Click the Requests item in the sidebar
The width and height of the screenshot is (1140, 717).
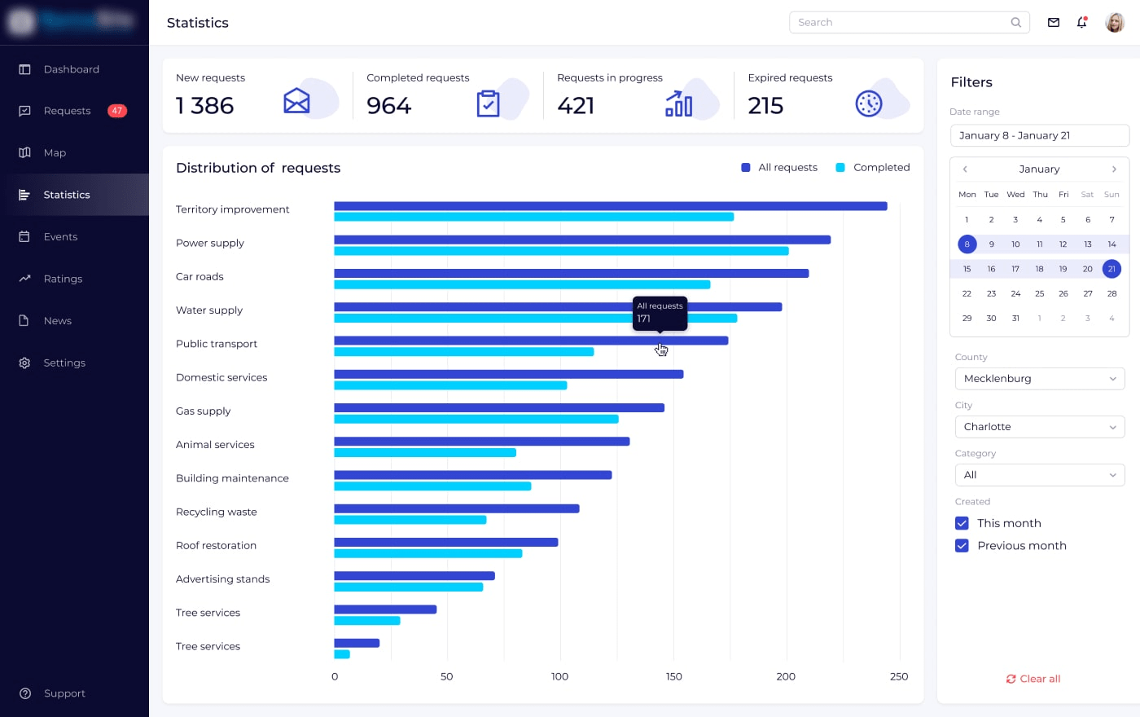(67, 111)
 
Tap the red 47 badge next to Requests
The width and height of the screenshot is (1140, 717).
(117, 111)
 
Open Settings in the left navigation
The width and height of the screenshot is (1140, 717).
(64, 363)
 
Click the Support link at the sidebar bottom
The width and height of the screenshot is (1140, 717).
(64, 693)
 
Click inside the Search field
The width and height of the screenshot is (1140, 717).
(900, 23)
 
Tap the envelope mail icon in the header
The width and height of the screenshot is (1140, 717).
(1053, 23)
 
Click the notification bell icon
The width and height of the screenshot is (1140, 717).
(1081, 23)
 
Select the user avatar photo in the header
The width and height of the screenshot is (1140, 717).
(1114, 23)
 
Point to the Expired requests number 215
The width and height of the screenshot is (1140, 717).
(765, 106)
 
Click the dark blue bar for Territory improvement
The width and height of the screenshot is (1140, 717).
(610, 206)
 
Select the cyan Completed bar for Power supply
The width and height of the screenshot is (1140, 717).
(561, 251)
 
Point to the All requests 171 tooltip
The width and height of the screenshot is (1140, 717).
(660, 313)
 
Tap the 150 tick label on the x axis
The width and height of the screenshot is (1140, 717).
(673, 676)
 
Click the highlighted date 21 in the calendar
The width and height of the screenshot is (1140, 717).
(1111, 269)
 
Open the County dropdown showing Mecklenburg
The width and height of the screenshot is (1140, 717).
(1039, 379)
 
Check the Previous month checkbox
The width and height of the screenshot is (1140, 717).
(962, 546)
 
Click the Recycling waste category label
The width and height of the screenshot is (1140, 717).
(217, 512)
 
